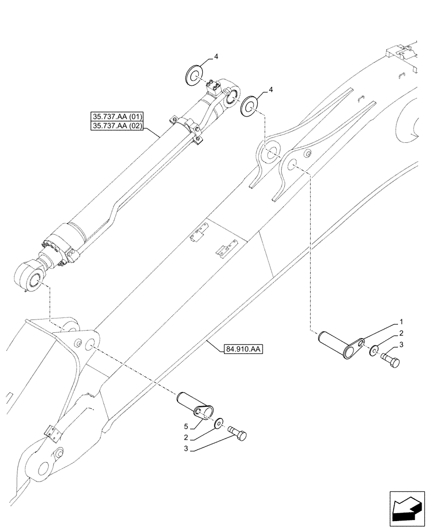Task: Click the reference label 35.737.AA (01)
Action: point(121,116)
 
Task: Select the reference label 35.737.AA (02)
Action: point(121,126)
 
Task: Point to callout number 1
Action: point(401,322)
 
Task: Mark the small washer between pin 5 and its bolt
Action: point(218,423)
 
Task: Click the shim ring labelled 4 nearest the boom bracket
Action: point(249,106)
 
